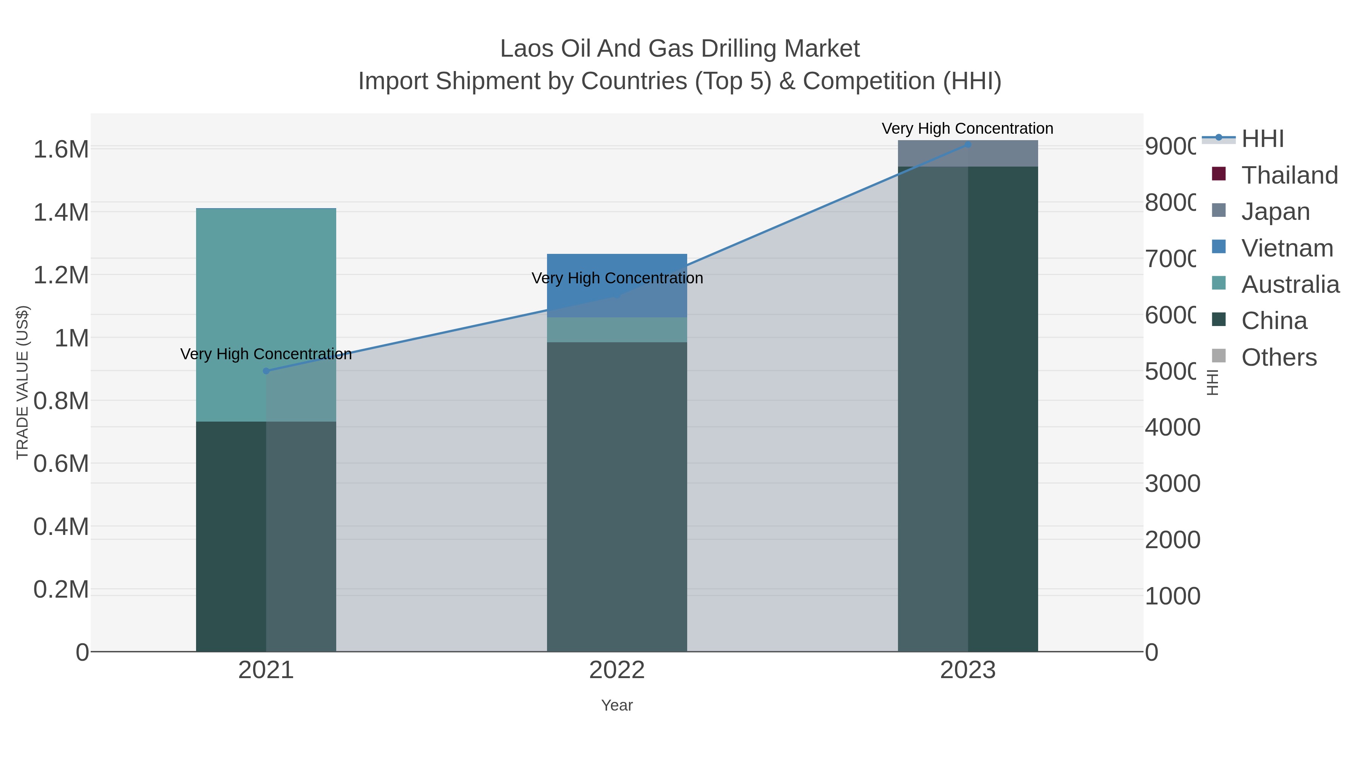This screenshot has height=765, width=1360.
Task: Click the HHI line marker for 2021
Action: point(266,371)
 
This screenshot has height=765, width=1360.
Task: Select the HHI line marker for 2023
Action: point(968,145)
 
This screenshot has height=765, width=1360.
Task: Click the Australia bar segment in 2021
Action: point(266,315)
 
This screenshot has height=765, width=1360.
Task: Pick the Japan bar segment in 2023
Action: point(968,154)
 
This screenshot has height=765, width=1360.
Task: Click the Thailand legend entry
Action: point(1289,175)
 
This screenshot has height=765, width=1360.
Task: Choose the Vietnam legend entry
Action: point(1287,248)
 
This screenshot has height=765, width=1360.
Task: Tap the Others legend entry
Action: point(1279,357)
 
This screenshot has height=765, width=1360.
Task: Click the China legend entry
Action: point(1274,321)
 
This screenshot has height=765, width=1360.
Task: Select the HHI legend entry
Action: point(1262,139)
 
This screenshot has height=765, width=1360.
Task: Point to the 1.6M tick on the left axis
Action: point(61,149)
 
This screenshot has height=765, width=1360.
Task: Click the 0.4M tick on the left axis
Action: point(61,526)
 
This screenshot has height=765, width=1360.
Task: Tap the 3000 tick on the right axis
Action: point(1172,484)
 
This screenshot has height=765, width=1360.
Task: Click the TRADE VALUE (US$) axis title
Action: point(22,382)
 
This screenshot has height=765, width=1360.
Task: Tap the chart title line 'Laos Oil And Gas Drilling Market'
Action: point(680,49)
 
